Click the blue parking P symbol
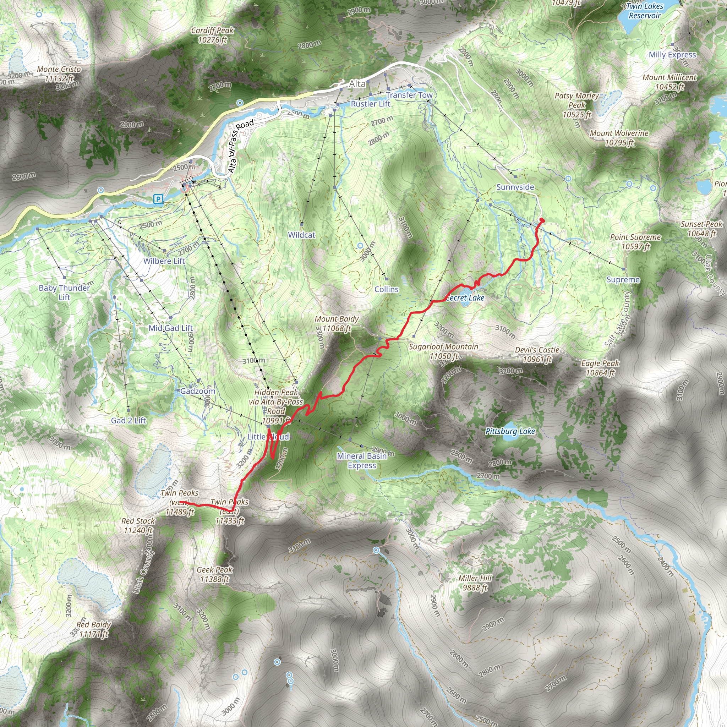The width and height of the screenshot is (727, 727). tap(158, 199)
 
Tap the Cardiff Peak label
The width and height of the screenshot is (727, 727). tap(213, 35)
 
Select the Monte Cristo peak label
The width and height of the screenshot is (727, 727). tap(59, 74)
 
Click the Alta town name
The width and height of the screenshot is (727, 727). tap(357, 83)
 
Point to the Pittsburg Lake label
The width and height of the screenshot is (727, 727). tap(510, 431)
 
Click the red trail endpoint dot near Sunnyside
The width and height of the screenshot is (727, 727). tap(542, 220)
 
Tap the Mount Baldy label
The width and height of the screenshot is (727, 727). tap(337, 324)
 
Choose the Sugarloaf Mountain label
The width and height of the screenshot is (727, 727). tap(443, 351)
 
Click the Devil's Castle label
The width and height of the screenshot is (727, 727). tap(537, 355)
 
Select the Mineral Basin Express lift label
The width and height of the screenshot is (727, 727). tap(362, 460)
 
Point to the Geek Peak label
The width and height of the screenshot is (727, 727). tap(214, 574)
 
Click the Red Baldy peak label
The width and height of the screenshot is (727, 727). tap(93, 629)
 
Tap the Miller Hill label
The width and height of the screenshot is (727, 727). tap(475, 583)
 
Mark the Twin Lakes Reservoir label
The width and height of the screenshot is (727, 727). tap(645, 11)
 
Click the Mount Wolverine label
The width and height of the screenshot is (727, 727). tap(619, 138)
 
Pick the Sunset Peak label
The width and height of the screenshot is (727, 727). tap(701, 228)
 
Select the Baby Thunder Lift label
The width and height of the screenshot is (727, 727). tap(64, 293)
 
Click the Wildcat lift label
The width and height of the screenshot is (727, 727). tap(301, 235)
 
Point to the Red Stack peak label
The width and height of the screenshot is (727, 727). tap(138, 525)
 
